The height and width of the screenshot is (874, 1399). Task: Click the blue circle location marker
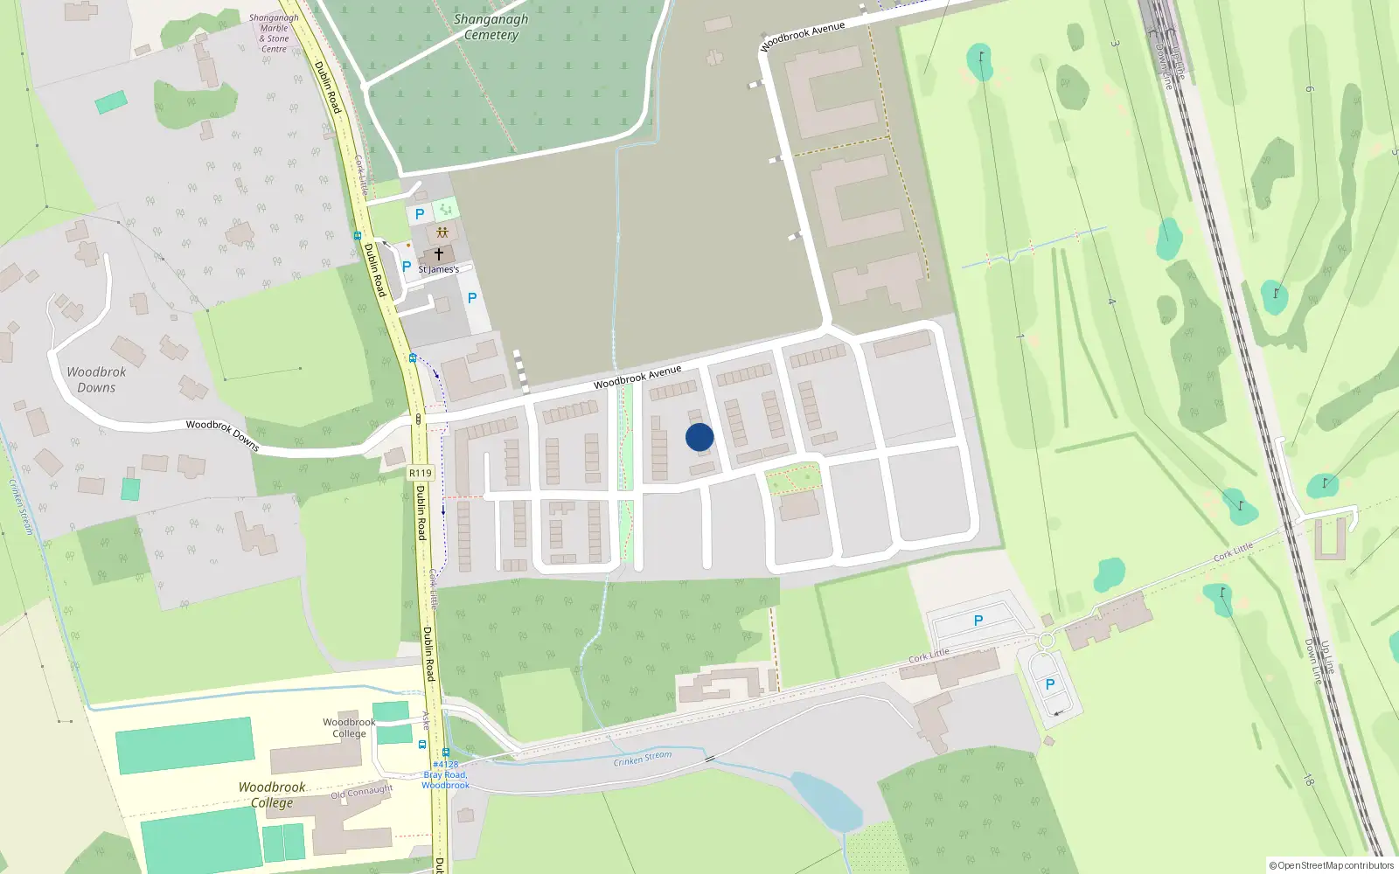699,437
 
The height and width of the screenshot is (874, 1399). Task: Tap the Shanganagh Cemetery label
491,27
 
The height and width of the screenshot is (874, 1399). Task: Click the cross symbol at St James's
439,254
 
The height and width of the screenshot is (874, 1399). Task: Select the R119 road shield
421,473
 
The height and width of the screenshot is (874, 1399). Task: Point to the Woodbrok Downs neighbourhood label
96,379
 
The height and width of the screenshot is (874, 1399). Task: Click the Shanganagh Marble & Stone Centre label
274,33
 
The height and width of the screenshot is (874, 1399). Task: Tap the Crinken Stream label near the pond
643,758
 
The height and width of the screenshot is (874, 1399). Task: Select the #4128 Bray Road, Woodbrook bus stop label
446,774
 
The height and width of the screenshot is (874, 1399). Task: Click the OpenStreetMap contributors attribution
1332,865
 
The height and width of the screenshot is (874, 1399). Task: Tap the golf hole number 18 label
1309,780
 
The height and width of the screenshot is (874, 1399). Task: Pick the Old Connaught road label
362,792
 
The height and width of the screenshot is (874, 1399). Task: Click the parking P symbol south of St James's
472,298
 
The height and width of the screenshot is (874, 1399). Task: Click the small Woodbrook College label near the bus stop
349,727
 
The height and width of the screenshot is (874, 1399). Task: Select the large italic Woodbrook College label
272,794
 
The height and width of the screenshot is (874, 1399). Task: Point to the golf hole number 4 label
1112,302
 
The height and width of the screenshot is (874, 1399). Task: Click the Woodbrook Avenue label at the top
803,36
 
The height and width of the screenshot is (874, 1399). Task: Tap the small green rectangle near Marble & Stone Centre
110,102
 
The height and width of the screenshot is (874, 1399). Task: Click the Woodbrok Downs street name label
222,434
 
